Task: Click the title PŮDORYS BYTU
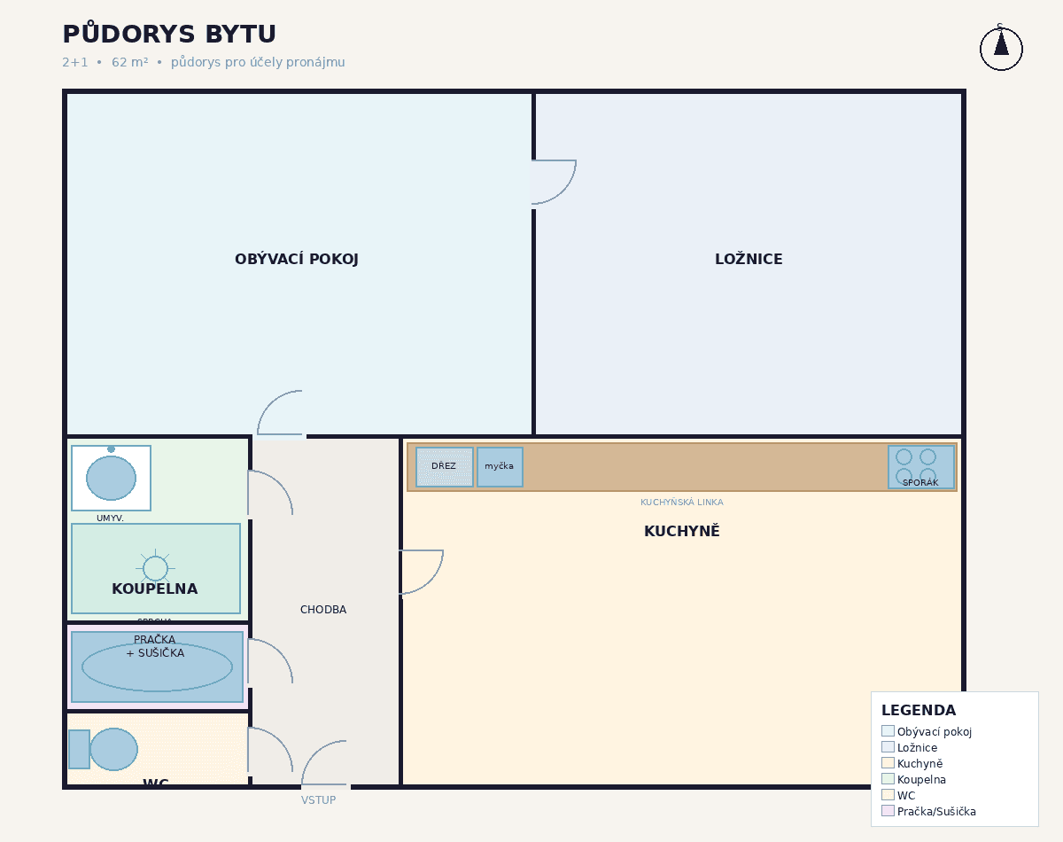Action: [x=169, y=35]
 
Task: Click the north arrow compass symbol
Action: [x=1001, y=48]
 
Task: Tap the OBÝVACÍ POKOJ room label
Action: [x=296, y=260]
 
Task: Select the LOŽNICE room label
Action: [x=749, y=260]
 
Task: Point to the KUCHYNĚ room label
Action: [x=681, y=532]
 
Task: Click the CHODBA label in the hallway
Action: [x=323, y=610]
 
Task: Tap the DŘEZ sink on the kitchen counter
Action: [x=444, y=467]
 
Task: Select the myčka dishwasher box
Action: [x=500, y=467]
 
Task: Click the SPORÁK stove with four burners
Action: [x=920, y=467]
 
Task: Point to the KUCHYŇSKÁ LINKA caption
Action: [x=681, y=503]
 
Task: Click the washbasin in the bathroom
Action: [x=111, y=478]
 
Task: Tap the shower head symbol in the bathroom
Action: [x=155, y=568]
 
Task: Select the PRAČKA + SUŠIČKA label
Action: [x=155, y=646]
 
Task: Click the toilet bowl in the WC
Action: [x=113, y=749]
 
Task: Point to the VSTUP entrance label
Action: [x=318, y=800]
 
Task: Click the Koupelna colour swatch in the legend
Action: [x=888, y=779]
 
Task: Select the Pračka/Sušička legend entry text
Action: [x=936, y=812]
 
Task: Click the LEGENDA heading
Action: [x=918, y=711]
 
